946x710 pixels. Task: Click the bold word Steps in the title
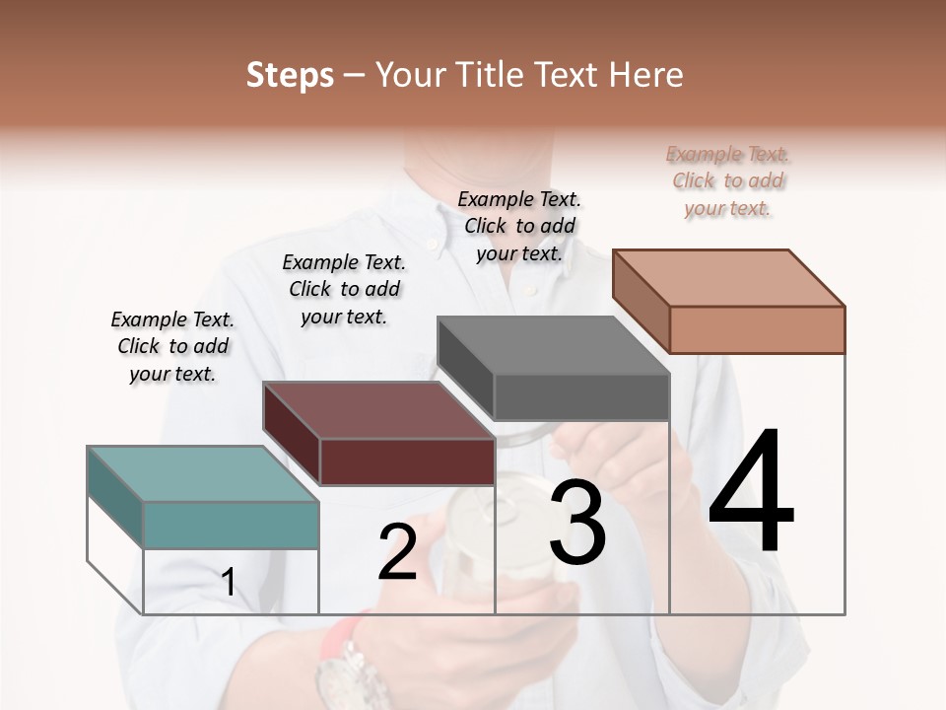pyautogui.click(x=290, y=75)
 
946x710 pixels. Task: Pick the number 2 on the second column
pyautogui.click(x=398, y=552)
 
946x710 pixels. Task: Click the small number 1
pyautogui.click(x=229, y=583)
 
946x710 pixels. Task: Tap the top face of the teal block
pyautogui.click(x=203, y=473)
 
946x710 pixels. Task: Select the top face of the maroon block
pyautogui.click(x=378, y=409)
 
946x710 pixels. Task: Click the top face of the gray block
pyautogui.click(x=553, y=345)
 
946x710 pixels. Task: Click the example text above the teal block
pyautogui.click(x=172, y=346)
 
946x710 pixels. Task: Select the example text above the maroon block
pyautogui.click(x=344, y=289)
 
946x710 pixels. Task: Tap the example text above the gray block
pyautogui.click(x=519, y=226)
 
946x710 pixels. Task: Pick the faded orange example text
pyautogui.click(x=728, y=180)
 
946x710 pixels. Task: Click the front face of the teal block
pyautogui.click(x=232, y=525)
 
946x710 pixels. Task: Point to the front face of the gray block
pyautogui.click(x=581, y=397)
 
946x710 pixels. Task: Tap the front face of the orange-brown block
pyautogui.click(x=757, y=329)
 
